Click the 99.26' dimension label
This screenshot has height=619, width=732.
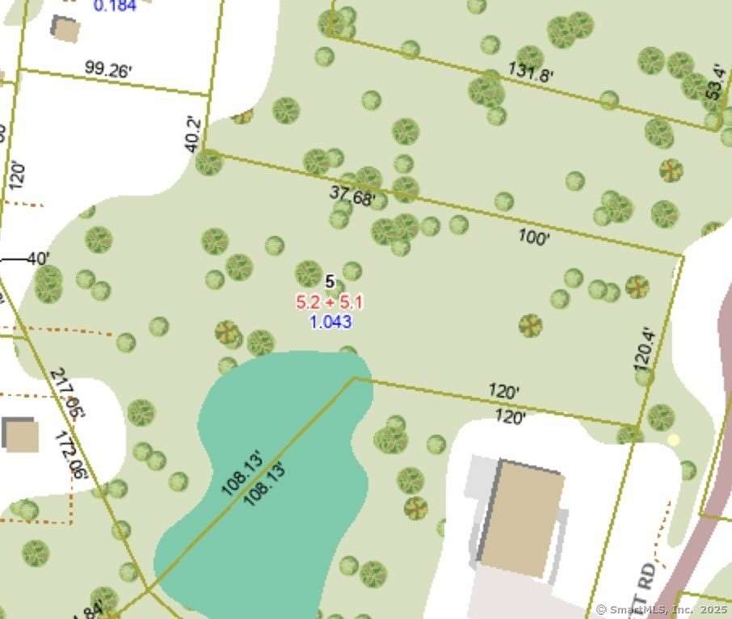[107, 71]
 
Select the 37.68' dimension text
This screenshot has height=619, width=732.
[352, 196]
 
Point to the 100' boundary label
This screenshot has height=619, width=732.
[534, 238]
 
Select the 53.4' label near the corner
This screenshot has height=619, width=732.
[714, 83]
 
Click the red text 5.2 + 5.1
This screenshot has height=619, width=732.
[330, 303]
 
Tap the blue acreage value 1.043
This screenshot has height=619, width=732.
[330, 322]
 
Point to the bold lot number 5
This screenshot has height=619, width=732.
[329, 281]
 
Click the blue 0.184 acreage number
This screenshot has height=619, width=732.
[115, 6]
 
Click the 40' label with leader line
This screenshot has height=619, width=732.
[37, 259]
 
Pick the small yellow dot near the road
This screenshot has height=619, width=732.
[674, 440]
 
